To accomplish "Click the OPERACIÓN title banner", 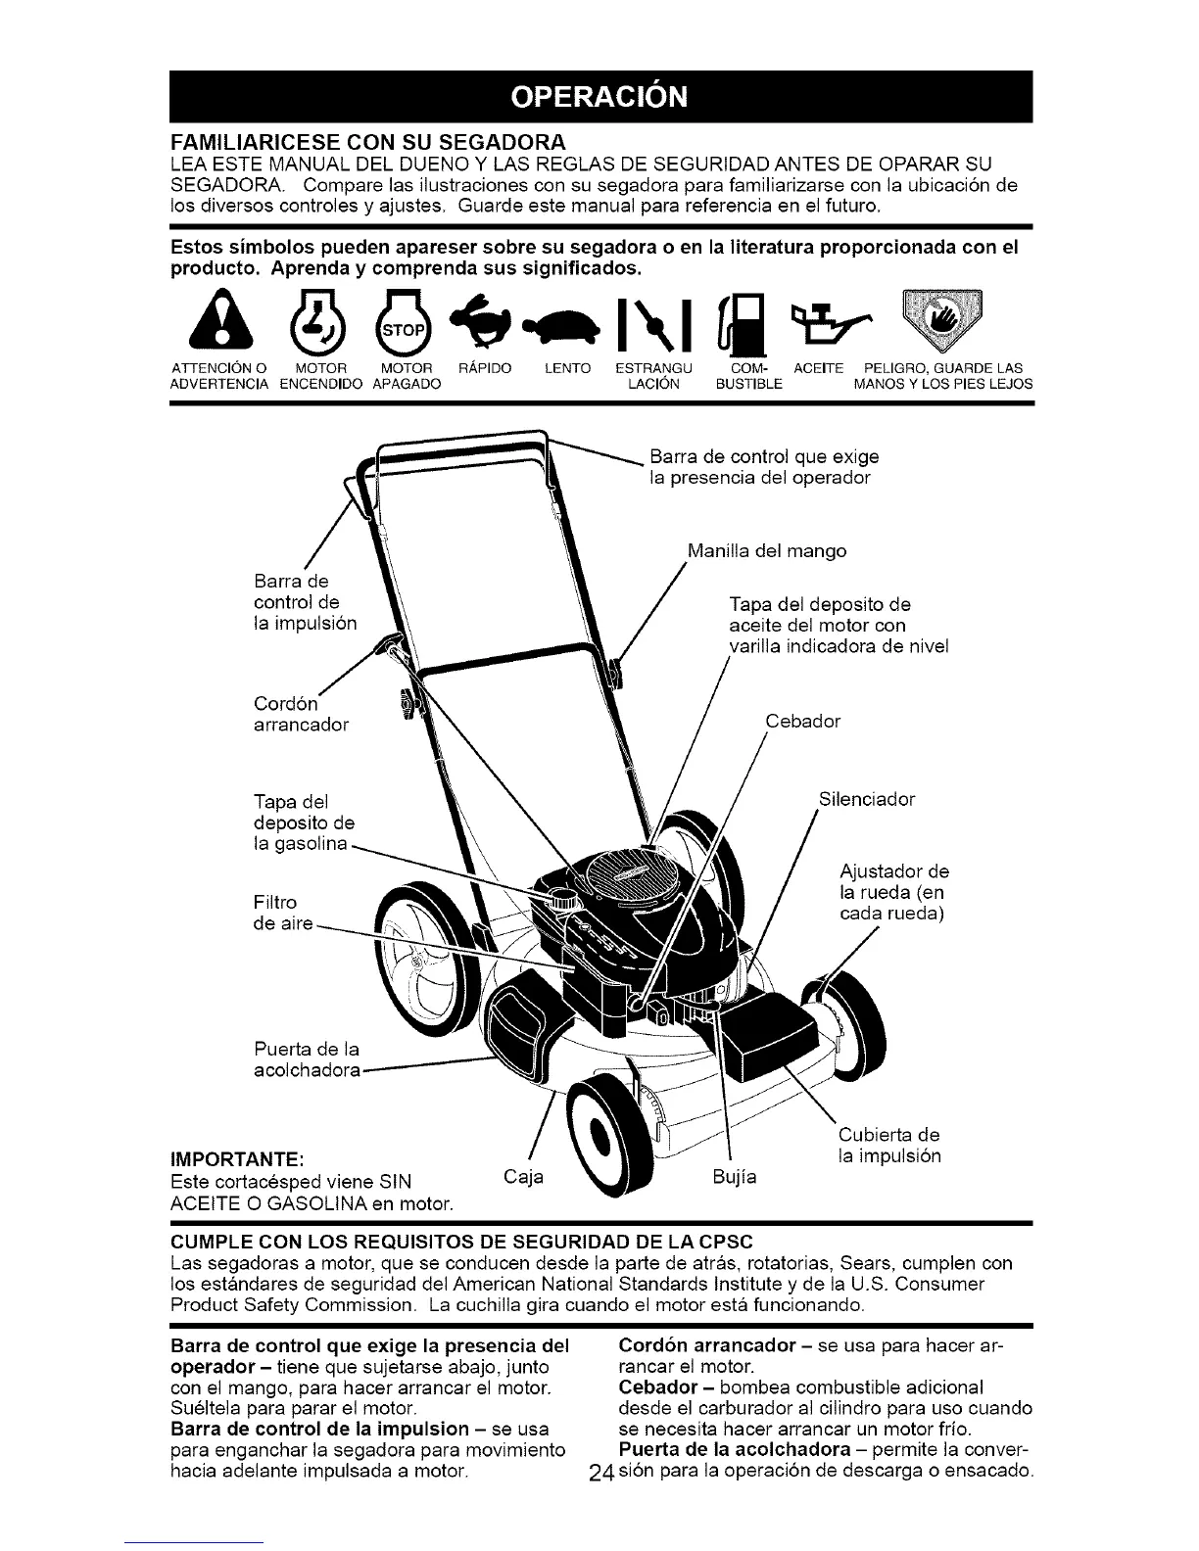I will tap(600, 96).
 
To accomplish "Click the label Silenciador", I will tap(866, 799).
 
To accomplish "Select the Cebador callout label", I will tap(802, 722).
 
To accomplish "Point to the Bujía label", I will tap(735, 1174).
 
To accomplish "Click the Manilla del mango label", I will tap(766, 551).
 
